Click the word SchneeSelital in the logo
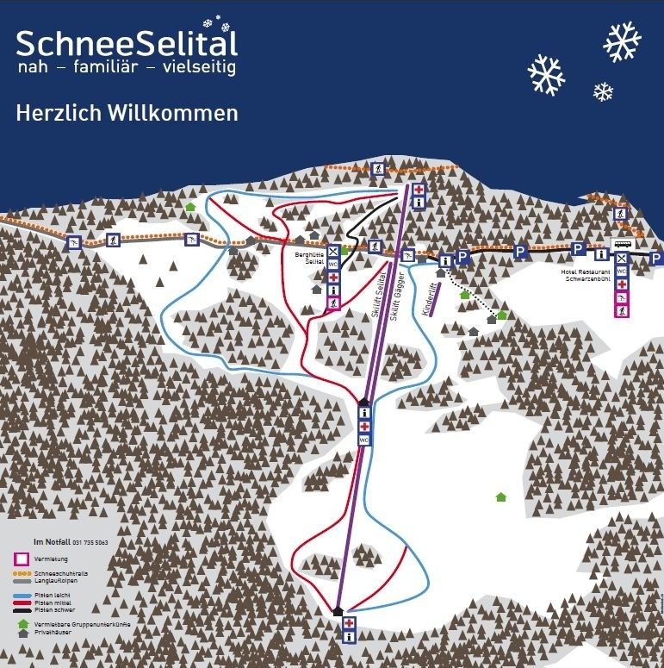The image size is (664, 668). (x=126, y=42)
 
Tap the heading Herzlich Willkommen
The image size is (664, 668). (x=126, y=113)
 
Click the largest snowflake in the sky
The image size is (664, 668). (x=622, y=42)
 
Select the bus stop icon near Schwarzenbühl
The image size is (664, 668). (x=621, y=245)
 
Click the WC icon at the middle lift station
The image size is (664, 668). (x=363, y=440)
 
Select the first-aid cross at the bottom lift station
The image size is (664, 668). (x=349, y=623)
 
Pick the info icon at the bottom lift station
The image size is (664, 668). (x=349, y=637)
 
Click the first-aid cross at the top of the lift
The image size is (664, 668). (x=419, y=190)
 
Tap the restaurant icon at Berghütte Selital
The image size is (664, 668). (x=333, y=252)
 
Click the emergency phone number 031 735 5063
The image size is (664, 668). (x=89, y=542)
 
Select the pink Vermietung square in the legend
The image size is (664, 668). (x=22, y=559)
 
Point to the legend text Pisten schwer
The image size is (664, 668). (x=53, y=609)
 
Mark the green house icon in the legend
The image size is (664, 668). (x=22, y=623)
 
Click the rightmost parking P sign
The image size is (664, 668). (x=655, y=258)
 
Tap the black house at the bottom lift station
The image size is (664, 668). (x=338, y=611)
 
